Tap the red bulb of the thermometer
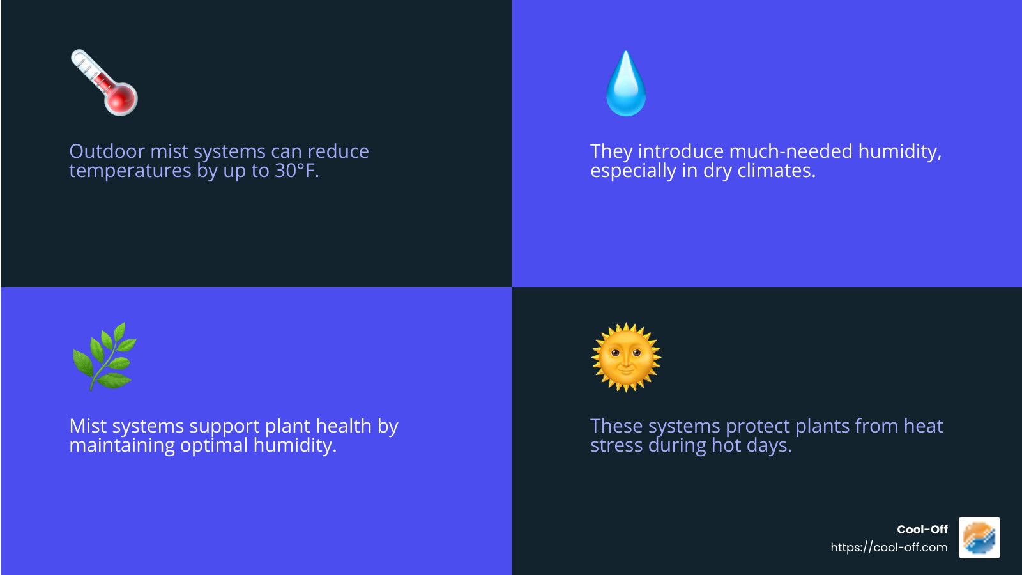[121, 99]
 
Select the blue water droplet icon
[626, 84]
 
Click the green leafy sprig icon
[105, 356]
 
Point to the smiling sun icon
[626, 357]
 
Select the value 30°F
[296, 171]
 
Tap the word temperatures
[130, 171]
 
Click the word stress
[616, 445]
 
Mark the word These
[616, 426]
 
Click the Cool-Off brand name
[922, 530]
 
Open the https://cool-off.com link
[889, 548]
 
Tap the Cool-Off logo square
[979, 538]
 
